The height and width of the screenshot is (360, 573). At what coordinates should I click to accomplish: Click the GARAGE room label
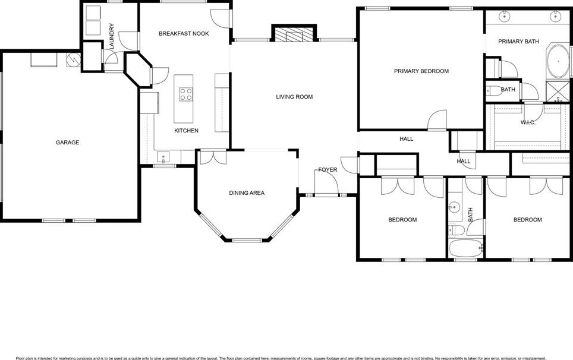[67, 143]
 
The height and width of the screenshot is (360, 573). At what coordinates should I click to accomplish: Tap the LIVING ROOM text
[294, 97]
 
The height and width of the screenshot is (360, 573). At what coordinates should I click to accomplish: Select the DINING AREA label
[247, 193]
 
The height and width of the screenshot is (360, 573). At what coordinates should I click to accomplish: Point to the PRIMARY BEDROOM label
[421, 71]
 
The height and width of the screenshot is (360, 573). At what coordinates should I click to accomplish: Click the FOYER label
[328, 170]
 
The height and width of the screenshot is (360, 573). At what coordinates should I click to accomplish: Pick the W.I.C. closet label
[528, 122]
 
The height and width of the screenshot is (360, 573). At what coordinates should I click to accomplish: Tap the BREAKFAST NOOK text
[184, 34]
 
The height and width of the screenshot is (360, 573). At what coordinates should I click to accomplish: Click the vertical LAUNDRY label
[111, 34]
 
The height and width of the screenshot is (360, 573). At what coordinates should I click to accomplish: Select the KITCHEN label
[186, 131]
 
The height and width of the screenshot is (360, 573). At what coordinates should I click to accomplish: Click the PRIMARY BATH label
[518, 42]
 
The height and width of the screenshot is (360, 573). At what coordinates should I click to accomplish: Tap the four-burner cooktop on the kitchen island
[186, 94]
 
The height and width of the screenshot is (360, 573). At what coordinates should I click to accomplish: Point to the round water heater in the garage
[73, 60]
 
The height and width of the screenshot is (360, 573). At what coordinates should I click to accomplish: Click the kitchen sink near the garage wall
[163, 157]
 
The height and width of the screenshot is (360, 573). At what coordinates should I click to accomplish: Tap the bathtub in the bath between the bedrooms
[465, 249]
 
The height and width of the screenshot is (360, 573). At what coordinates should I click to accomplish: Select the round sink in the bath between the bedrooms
[455, 207]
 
